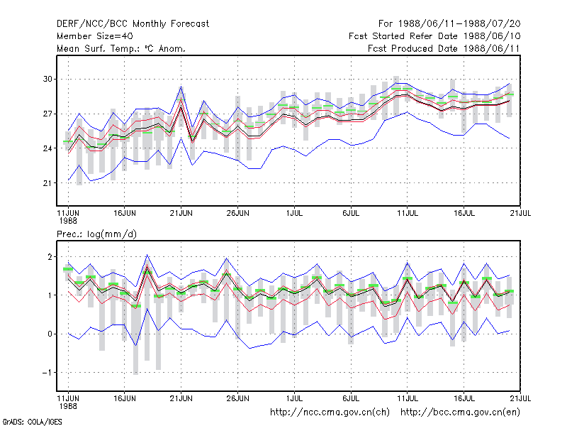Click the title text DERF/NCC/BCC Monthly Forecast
(133, 24)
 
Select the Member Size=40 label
(95, 36)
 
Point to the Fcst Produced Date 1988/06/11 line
(444, 48)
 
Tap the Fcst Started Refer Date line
(434, 36)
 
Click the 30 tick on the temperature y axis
(47, 79)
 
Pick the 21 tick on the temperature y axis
(47, 183)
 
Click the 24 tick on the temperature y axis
(47, 148)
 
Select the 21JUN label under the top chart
(181, 213)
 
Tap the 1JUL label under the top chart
(294, 213)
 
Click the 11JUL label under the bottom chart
(408, 398)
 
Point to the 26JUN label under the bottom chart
(238, 398)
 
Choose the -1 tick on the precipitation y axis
(47, 372)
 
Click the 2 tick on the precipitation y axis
(50, 257)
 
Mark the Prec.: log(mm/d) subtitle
(96, 234)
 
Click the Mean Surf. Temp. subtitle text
(121, 48)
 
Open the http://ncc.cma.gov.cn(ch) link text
(330, 413)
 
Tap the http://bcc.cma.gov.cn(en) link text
(460, 413)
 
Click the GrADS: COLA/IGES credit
(32, 422)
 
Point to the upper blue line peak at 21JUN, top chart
(181, 87)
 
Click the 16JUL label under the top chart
(464, 213)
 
